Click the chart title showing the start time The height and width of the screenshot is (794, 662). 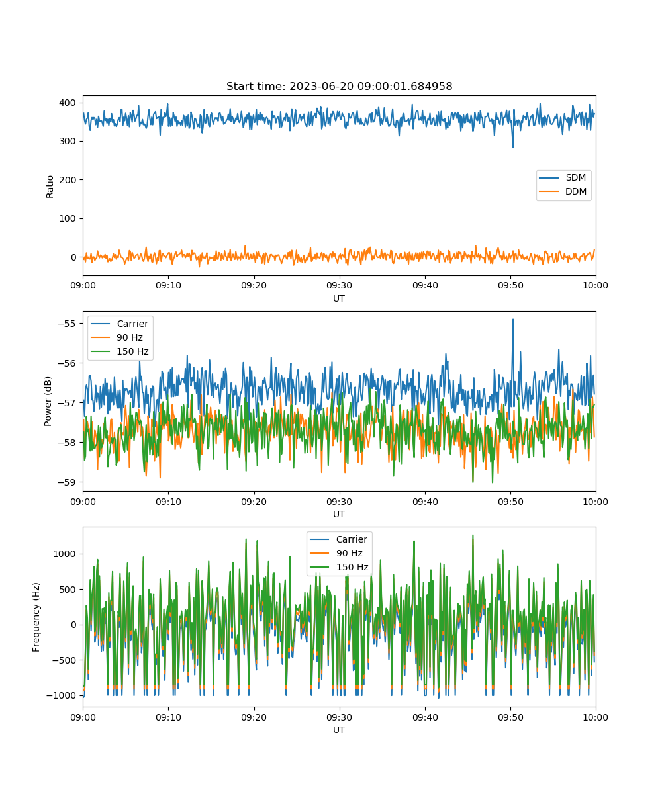point(339,86)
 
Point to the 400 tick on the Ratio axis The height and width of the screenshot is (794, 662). point(68,103)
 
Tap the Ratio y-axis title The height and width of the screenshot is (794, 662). point(50,187)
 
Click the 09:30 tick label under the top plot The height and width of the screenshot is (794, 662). point(340,285)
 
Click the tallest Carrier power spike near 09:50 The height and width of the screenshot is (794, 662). point(512,320)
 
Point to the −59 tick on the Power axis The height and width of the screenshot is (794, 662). point(67,482)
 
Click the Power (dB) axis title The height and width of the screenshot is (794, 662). point(48,401)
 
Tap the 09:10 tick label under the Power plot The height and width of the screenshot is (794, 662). point(168,502)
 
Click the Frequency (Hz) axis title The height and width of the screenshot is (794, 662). point(36,617)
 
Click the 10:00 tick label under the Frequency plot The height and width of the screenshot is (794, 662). point(595,717)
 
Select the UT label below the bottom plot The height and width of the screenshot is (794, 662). point(338,730)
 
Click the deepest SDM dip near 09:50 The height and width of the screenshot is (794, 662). point(513,147)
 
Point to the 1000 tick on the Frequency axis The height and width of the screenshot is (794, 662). point(64,554)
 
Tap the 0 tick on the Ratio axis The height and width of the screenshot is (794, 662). point(73,257)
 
